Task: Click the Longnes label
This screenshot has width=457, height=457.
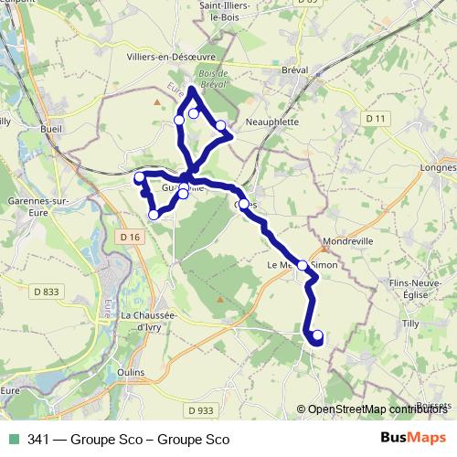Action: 437,168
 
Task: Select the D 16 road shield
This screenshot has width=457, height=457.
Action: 132,238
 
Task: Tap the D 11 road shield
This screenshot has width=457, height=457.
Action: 376,119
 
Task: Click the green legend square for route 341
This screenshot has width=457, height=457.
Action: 13,440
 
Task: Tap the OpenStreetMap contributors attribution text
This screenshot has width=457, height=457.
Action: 376,409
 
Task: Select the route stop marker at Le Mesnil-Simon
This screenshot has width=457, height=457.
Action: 303,265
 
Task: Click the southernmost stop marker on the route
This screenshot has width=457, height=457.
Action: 318,335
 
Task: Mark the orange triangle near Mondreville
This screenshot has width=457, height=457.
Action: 323,246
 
